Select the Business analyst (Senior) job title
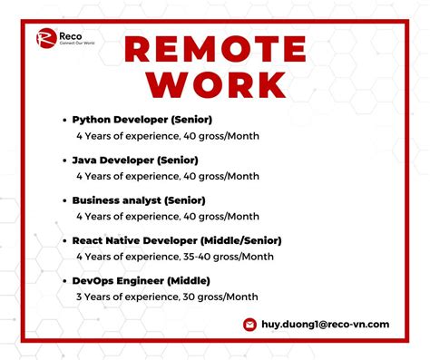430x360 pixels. coord(139,199)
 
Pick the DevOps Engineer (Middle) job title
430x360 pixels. coord(136,280)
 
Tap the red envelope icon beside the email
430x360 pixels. coord(249,324)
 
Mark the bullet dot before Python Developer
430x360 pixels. coord(64,120)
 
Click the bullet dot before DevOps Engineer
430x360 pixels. coord(64,281)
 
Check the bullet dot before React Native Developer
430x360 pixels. coord(64,241)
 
